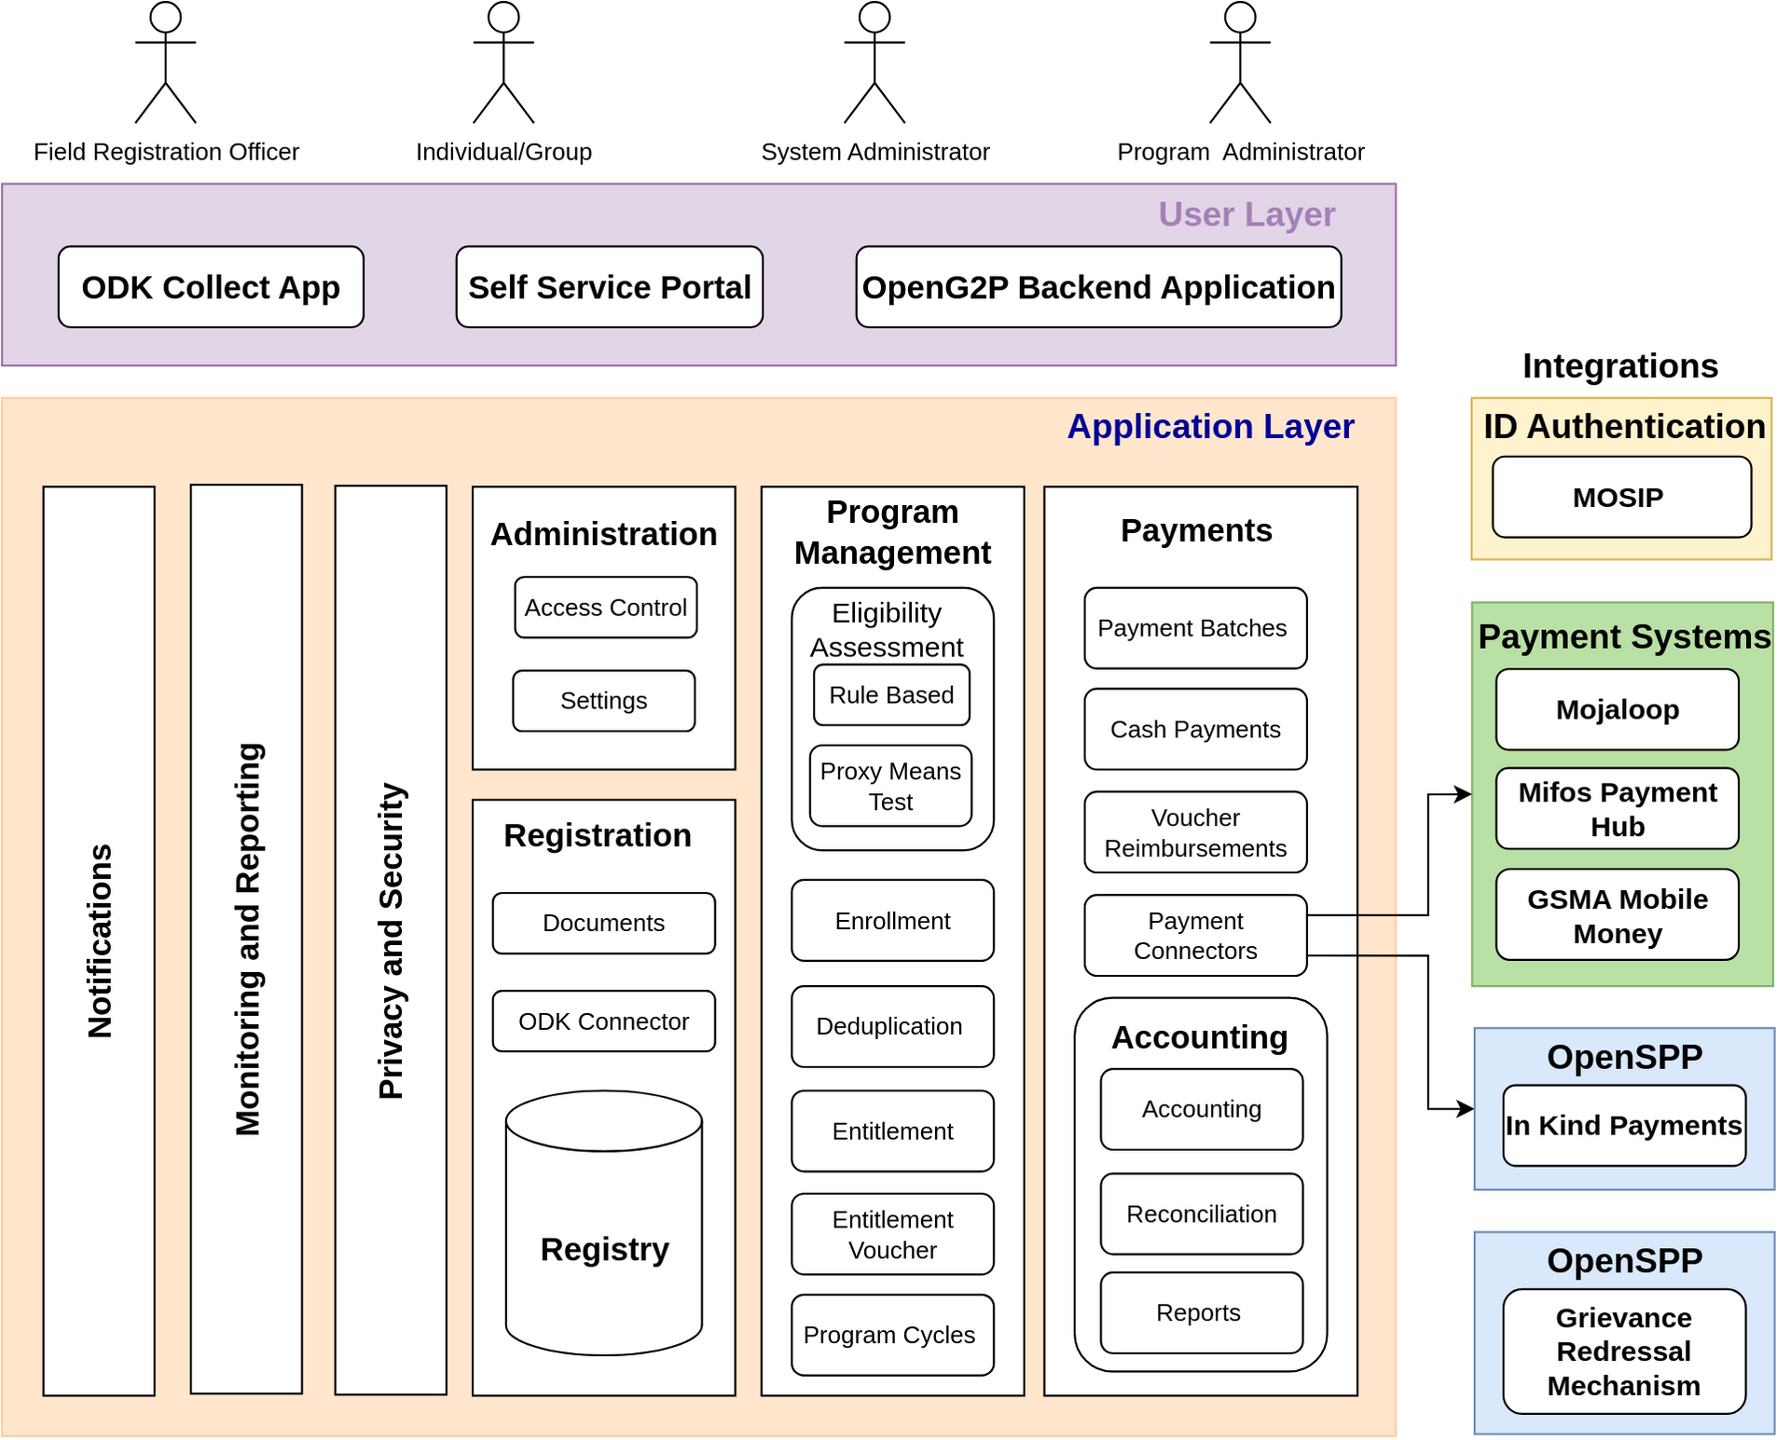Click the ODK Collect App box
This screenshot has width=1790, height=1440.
[x=211, y=287]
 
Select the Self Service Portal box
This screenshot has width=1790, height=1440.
[x=609, y=287]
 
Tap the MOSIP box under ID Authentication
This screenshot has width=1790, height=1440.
[x=1620, y=497]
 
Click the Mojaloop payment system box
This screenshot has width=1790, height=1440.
[x=1617, y=709]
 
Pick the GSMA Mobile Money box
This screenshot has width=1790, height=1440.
[x=1617, y=915]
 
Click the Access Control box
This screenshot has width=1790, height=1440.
[x=605, y=608]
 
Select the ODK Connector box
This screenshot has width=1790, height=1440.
[x=603, y=1022]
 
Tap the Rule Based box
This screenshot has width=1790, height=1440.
[x=891, y=695]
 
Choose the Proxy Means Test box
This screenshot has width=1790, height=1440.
[x=890, y=786]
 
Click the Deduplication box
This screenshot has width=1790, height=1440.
[x=891, y=1026]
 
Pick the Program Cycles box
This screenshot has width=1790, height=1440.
[x=891, y=1335]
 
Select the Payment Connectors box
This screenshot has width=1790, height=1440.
[x=1195, y=936]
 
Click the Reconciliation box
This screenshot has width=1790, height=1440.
[x=1201, y=1214]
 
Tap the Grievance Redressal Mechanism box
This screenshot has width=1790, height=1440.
[x=1623, y=1351]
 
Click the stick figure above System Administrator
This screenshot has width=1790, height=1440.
[x=874, y=62]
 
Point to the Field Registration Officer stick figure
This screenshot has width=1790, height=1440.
[x=165, y=62]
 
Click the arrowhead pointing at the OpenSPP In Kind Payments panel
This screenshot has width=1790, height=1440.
[x=1466, y=1109]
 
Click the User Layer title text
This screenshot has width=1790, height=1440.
[x=1246, y=214]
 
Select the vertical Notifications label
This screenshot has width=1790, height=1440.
[x=100, y=941]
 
